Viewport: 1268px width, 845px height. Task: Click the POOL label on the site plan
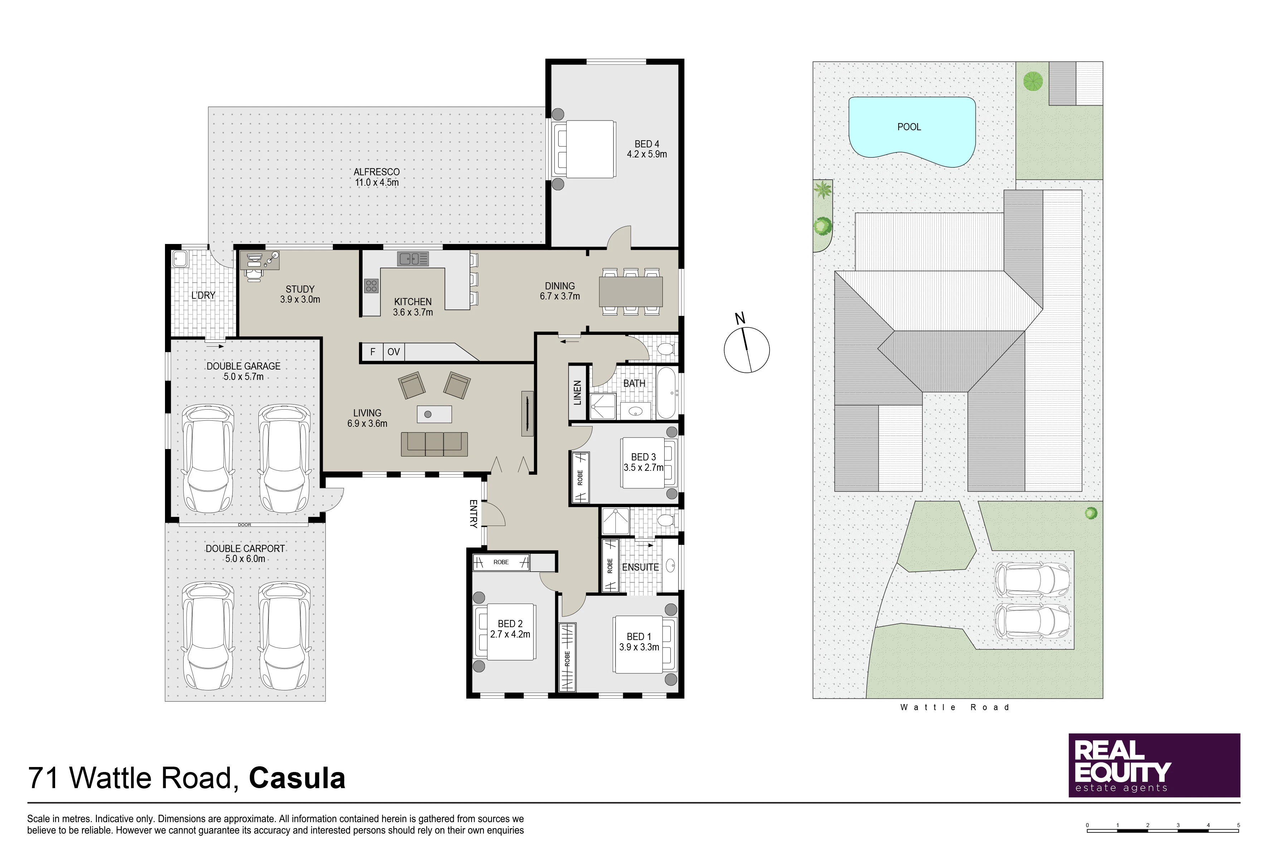(x=909, y=127)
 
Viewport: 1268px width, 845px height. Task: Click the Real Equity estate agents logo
(x=1154, y=765)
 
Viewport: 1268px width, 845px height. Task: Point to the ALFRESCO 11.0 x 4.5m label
(x=376, y=177)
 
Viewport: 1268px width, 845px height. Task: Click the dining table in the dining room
(x=631, y=292)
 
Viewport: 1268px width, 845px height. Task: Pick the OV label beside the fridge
(x=394, y=352)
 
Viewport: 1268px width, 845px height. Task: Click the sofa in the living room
(x=434, y=444)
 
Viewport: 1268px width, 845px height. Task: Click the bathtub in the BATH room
(x=667, y=393)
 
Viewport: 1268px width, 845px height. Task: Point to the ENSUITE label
(x=641, y=567)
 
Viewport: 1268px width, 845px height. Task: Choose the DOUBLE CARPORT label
(x=245, y=553)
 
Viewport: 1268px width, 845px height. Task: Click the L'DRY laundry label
(x=203, y=295)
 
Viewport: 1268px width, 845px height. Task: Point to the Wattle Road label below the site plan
(x=954, y=707)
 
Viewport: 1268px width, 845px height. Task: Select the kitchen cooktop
(x=371, y=285)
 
